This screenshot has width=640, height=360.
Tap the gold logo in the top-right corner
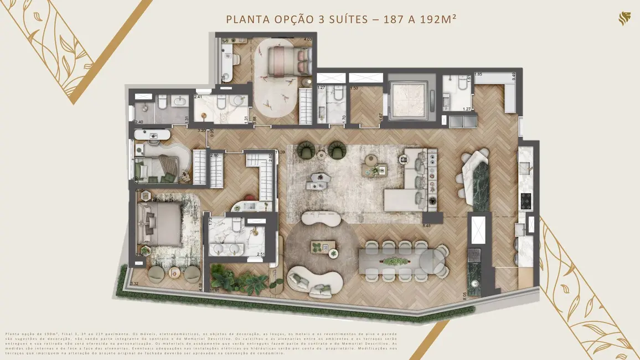(x=624, y=20)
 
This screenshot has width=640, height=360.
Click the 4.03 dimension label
(x=308, y=40)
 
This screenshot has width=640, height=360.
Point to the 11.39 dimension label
(x=281, y=152)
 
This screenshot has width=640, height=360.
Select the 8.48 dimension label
(x=426, y=225)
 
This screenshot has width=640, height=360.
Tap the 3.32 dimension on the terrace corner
(x=134, y=284)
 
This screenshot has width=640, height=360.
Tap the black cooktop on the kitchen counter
(x=525, y=200)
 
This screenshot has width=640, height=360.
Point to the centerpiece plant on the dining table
(x=394, y=260)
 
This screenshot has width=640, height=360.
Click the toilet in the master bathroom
(x=237, y=225)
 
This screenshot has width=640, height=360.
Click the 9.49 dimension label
(x=514, y=76)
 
